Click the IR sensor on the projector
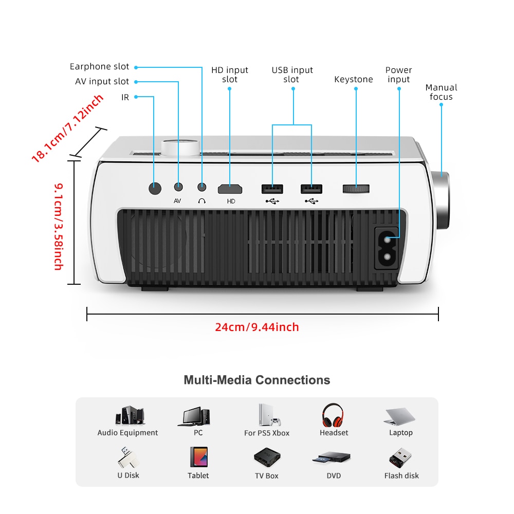[x=155, y=188]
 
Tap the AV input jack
[x=178, y=187]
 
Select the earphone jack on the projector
[x=202, y=187]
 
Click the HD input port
[x=230, y=189]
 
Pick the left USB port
[x=272, y=189]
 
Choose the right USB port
[x=311, y=189]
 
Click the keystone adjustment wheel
[x=356, y=189]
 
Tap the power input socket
[x=387, y=248]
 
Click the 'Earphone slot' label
[x=99, y=66]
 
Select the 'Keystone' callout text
[x=354, y=79]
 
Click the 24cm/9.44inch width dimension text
[x=257, y=327]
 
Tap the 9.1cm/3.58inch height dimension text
[x=59, y=227]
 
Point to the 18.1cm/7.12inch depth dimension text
[x=67, y=128]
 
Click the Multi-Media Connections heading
[x=257, y=380]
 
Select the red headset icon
[x=333, y=415]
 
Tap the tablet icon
[x=198, y=457]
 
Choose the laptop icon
[x=399, y=417]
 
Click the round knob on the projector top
[x=180, y=148]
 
